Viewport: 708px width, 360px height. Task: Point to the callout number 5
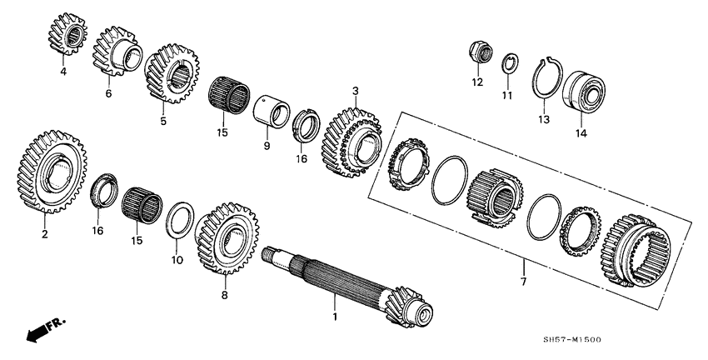pyautogui.click(x=163, y=121)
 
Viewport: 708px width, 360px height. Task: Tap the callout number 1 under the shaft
pyautogui.click(x=335, y=317)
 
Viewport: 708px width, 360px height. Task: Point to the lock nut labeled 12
pyautogui.click(x=478, y=52)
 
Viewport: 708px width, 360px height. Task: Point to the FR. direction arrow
pyautogui.click(x=45, y=329)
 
